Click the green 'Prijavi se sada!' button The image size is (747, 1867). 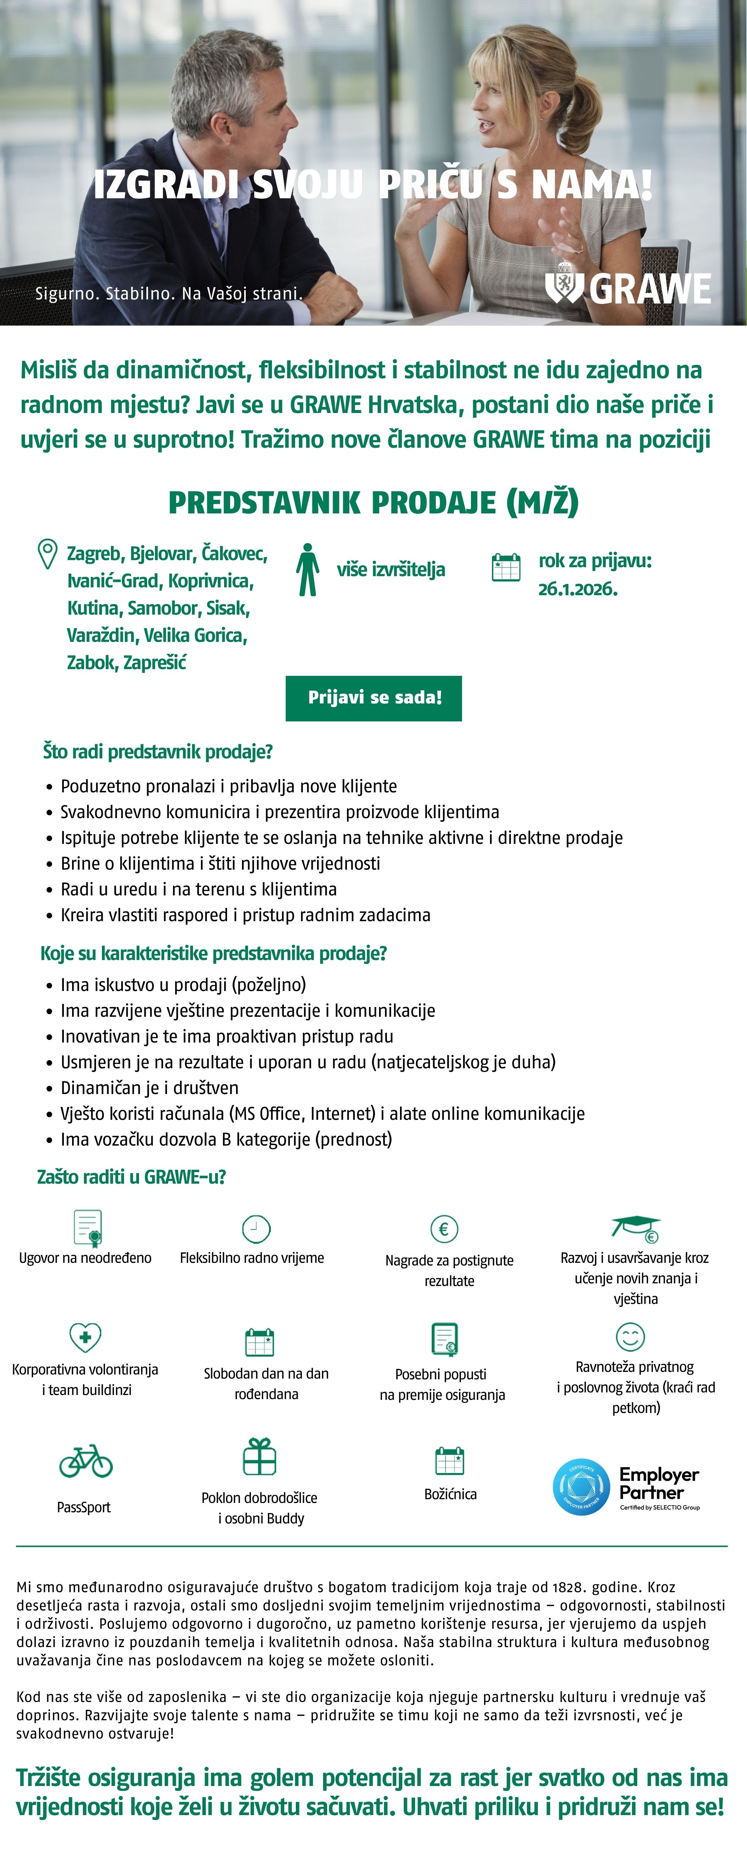pos(373,698)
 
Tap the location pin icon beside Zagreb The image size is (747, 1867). pos(47,554)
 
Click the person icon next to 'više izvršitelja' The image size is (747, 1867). pos(307,570)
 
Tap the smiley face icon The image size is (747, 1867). pos(629,1336)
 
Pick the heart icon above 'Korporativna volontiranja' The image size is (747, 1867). pos(85,1337)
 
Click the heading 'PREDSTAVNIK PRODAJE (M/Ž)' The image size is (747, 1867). pos(373,502)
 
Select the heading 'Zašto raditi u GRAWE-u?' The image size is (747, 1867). pos(131,1177)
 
